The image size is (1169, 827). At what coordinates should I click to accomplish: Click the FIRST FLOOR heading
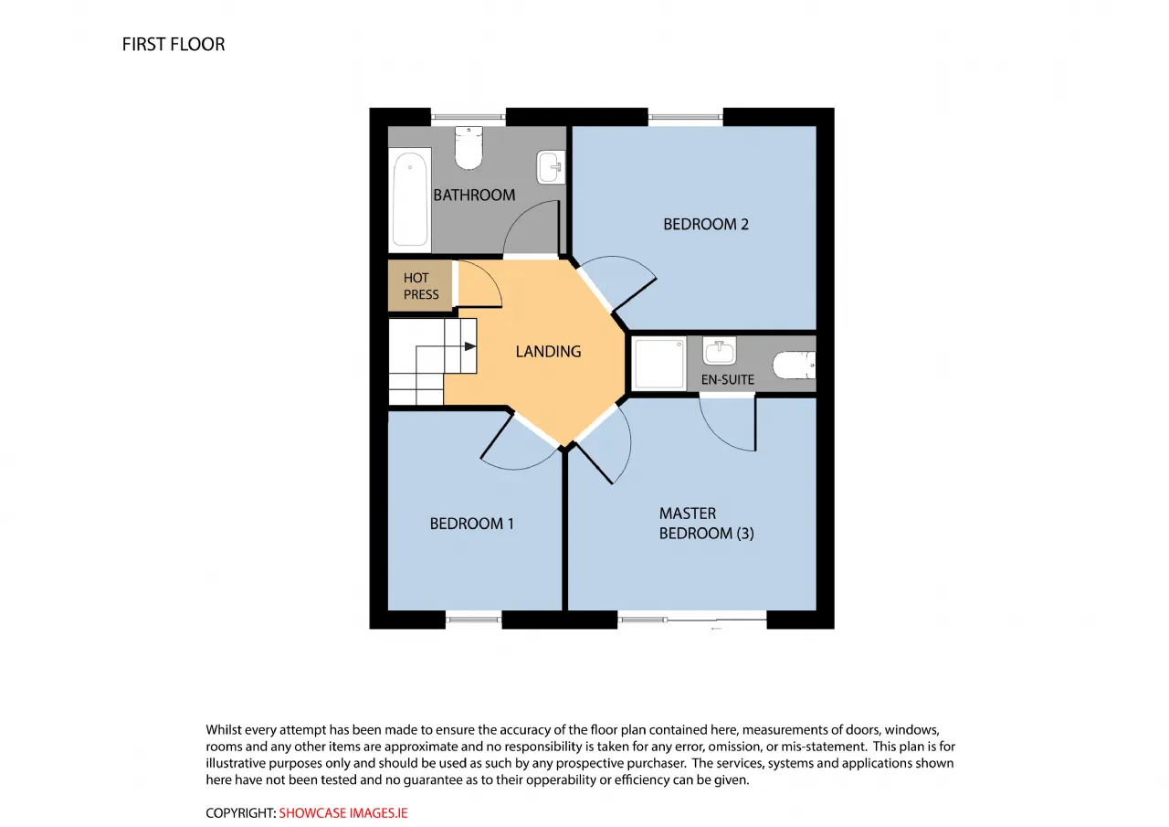coord(174,45)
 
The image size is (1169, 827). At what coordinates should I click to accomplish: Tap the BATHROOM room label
coord(474,196)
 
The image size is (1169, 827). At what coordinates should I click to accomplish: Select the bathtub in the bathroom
coord(410,199)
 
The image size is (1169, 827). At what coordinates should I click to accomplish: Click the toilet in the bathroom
coord(469,148)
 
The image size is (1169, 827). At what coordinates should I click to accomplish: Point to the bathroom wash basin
coord(551,167)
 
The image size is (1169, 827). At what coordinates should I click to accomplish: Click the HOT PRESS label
coord(421,286)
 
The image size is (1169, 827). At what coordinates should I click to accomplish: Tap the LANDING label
coord(548,352)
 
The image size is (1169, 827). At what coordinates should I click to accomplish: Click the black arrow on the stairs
coord(469,346)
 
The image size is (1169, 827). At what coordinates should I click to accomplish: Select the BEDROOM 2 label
coord(706,225)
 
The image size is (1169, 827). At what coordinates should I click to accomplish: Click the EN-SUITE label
coord(728,379)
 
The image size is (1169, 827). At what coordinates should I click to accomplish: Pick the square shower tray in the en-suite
coord(658,364)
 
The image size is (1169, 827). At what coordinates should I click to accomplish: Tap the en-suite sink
coord(719,350)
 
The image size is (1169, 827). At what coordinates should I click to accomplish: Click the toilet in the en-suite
coord(794,365)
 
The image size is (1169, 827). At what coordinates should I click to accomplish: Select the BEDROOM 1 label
coord(471,524)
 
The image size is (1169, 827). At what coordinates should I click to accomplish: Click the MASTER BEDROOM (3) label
coord(706,523)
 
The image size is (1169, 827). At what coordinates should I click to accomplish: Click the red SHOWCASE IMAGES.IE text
coord(342,813)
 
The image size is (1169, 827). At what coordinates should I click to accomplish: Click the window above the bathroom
coord(469,117)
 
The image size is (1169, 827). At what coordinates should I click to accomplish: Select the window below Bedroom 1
coord(473,620)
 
